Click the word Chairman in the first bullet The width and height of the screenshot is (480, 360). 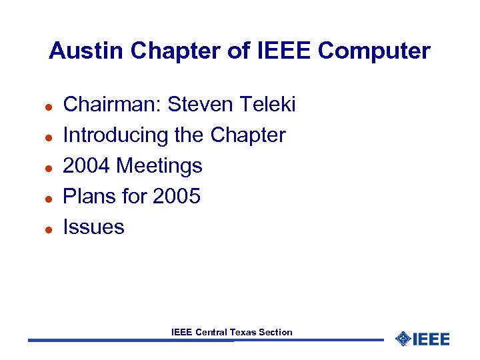click(x=111, y=105)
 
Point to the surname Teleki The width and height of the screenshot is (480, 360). click(x=266, y=105)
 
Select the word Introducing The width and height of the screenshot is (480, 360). click(x=115, y=135)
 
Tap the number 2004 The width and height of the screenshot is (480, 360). click(x=87, y=165)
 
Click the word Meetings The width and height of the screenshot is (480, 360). click(x=159, y=166)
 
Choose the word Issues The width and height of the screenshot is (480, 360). click(x=93, y=227)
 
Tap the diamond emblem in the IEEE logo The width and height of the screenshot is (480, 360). click(x=403, y=339)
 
